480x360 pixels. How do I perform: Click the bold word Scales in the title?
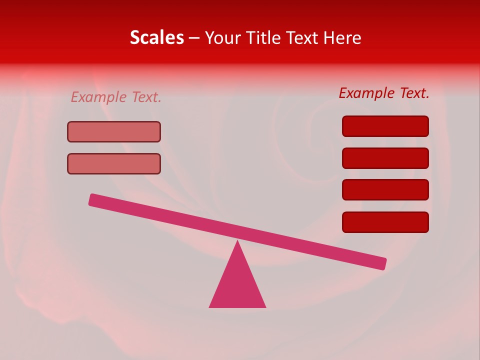tap(156, 37)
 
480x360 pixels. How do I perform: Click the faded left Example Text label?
tap(116, 97)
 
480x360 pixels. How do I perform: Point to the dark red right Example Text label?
tap(384, 93)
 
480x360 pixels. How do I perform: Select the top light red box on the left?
tap(114, 131)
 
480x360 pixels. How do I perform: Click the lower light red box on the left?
tap(114, 163)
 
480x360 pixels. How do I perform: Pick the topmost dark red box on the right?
tap(385, 126)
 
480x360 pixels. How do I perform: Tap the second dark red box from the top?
tap(385, 158)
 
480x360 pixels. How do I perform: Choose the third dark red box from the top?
tap(385, 190)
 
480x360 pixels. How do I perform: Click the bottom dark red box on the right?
tap(385, 222)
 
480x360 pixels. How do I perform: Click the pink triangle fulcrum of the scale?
tap(237, 285)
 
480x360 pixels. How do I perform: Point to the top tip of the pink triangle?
tap(237, 242)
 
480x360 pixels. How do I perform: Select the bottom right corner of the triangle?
tap(264, 306)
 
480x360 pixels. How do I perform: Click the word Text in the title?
tap(301, 37)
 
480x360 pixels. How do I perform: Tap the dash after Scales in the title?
tap(194, 38)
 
